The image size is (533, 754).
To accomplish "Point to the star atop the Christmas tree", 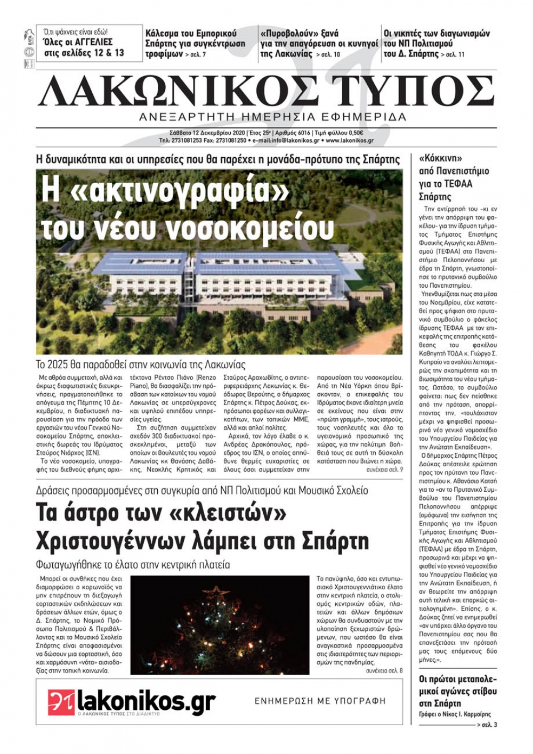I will point(217,590).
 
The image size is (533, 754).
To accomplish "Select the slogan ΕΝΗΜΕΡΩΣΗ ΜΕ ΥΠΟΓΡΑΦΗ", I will point(320,701).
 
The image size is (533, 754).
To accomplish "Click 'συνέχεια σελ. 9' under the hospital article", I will point(384,470).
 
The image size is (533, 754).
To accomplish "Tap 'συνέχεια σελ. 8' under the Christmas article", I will point(384,670).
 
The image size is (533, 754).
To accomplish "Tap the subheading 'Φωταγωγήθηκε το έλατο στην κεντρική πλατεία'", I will point(133,564).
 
